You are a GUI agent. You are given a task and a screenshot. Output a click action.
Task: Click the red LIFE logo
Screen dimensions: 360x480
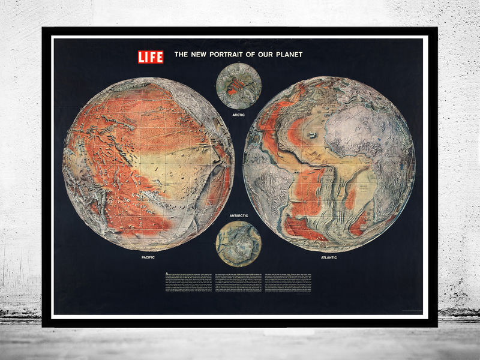click(151, 57)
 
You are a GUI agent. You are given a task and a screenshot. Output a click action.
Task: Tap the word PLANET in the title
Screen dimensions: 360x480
click(287, 55)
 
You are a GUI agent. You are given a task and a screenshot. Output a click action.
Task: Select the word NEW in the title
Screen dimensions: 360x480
click(198, 55)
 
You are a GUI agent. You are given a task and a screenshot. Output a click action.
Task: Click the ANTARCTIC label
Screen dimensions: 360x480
click(239, 215)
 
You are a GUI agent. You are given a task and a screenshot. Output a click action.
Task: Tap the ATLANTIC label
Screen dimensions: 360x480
click(328, 257)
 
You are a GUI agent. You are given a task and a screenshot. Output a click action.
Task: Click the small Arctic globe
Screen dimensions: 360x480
click(239, 86)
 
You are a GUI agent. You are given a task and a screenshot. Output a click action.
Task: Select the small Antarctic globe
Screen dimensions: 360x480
click(238, 243)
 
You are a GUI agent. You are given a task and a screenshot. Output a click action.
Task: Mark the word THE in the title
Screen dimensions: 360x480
click(181, 55)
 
